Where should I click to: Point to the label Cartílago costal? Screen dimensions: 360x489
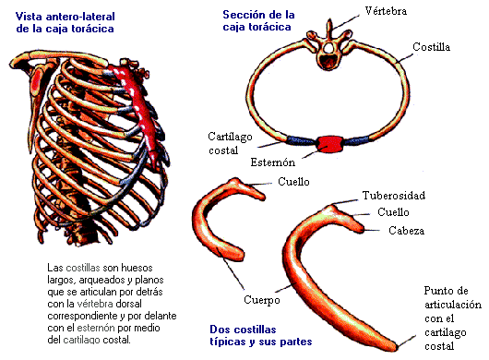pyautogui.click(x=231, y=142)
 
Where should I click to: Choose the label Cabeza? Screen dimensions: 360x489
pyautogui.click(x=406, y=230)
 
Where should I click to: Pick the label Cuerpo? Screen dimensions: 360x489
pyautogui.click(x=261, y=300)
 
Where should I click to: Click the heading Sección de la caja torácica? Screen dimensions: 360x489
pyautogui.click(x=260, y=20)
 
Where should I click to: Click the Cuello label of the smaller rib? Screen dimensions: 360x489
pyautogui.click(x=293, y=182)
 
